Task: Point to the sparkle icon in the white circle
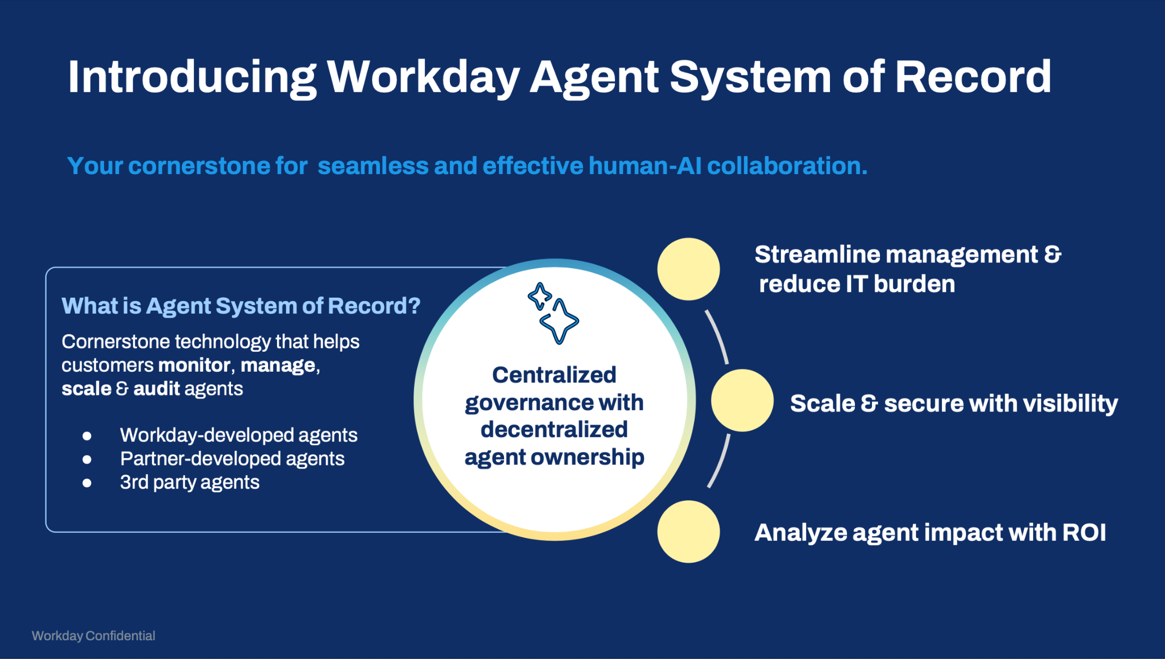pyautogui.click(x=553, y=313)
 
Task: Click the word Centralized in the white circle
pyautogui.click(x=554, y=374)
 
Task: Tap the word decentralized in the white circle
pyautogui.click(x=554, y=429)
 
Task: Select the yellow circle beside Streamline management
pyautogui.click(x=688, y=269)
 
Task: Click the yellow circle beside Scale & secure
pyautogui.click(x=742, y=400)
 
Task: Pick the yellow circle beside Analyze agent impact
pyautogui.click(x=688, y=532)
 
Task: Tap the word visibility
pyautogui.click(x=1070, y=404)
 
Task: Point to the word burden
pyautogui.click(x=914, y=284)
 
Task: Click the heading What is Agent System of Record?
pyautogui.click(x=241, y=306)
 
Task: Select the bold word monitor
pyautogui.click(x=194, y=365)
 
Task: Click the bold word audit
pyautogui.click(x=156, y=389)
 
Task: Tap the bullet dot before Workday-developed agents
pyautogui.click(x=87, y=436)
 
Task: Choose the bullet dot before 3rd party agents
pyautogui.click(x=87, y=483)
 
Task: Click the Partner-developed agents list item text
pyautogui.click(x=232, y=459)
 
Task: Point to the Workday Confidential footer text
pyautogui.click(x=93, y=636)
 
